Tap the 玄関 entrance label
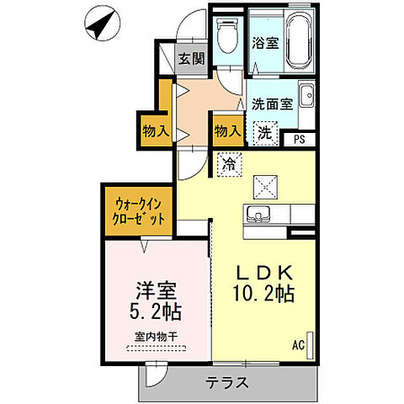(x=192, y=59)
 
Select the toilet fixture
(x=226, y=36)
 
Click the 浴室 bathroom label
(x=266, y=43)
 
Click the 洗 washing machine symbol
(x=264, y=132)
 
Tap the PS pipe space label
(x=300, y=141)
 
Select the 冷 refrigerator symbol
(x=228, y=163)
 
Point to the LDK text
(x=263, y=274)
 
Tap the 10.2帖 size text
(x=263, y=294)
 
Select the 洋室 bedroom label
(x=156, y=289)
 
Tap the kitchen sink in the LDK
(x=258, y=215)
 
